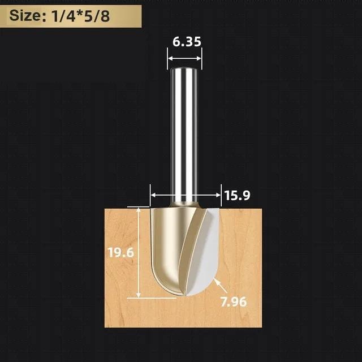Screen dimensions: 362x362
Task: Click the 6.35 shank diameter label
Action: point(187,42)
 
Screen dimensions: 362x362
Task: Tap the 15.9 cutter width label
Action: point(238,196)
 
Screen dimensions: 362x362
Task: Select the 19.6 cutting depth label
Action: point(120,252)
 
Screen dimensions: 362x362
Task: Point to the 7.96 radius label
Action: point(234,301)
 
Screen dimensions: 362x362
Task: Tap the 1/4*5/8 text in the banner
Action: point(80,16)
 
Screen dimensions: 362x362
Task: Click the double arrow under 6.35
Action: point(184,58)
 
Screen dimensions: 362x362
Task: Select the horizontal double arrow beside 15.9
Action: point(186,195)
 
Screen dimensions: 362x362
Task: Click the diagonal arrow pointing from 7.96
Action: point(221,285)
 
